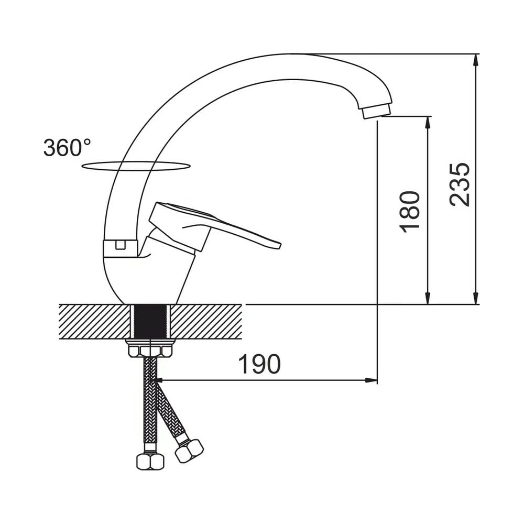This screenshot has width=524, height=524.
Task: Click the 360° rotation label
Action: [67, 147]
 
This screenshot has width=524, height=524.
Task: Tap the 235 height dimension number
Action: [460, 184]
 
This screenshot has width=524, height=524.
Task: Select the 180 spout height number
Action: [410, 212]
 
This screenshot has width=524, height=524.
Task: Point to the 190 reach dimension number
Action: [259, 364]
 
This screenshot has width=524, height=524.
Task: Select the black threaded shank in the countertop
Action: [150, 321]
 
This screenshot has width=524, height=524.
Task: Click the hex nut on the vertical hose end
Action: [150, 462]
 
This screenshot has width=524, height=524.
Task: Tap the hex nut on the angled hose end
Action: [189, 451]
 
